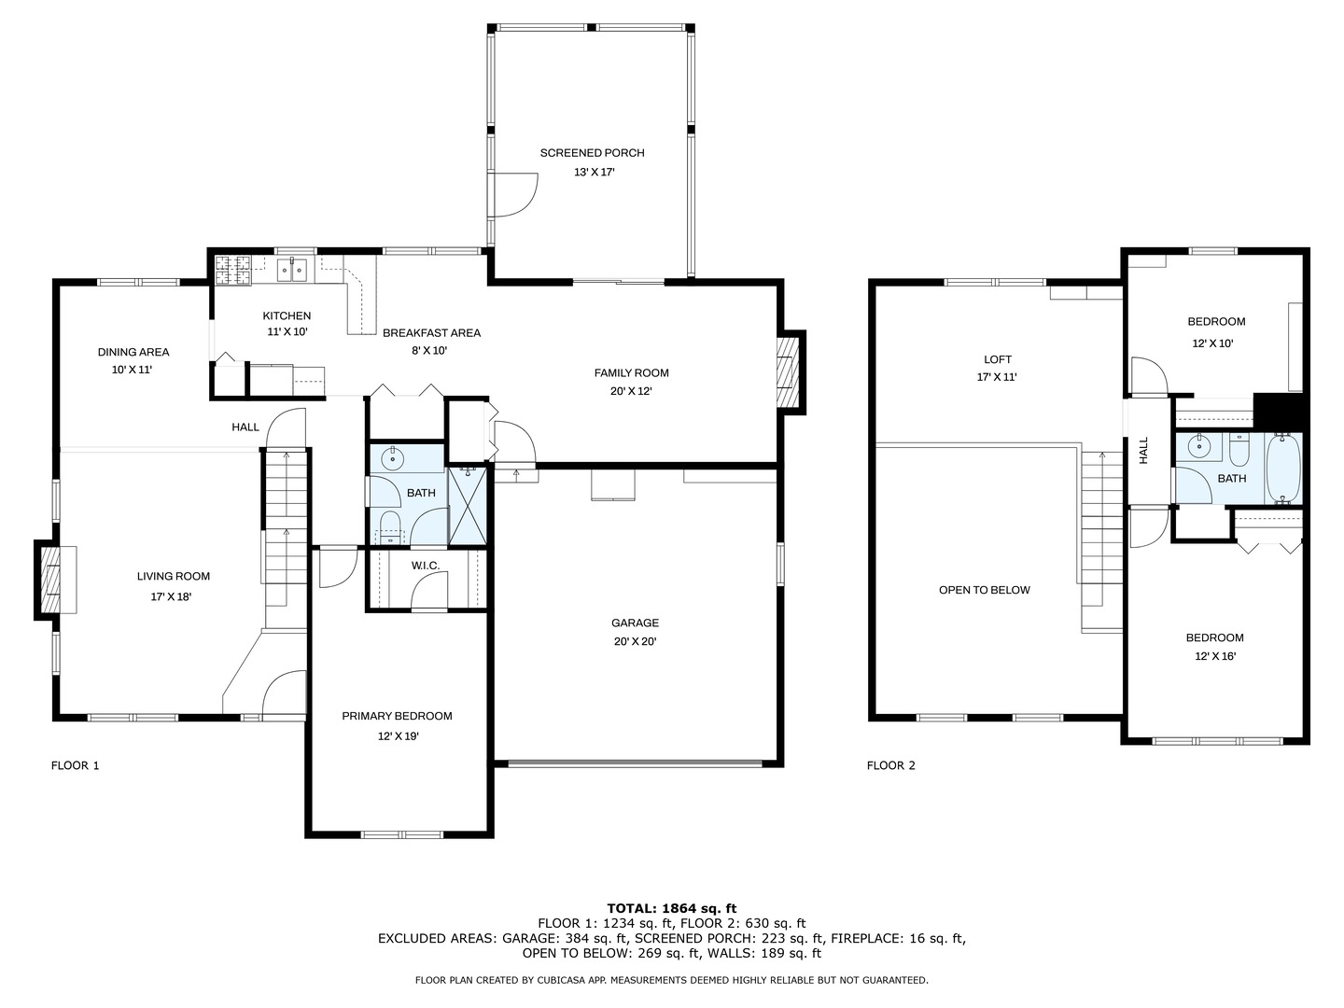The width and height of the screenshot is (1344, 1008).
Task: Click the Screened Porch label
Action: pos(592,153)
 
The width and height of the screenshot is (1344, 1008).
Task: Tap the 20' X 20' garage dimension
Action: pos(635,641)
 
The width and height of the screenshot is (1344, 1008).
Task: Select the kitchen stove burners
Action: pos(232,270)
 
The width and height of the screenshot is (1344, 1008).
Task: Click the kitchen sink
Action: pos(291,270)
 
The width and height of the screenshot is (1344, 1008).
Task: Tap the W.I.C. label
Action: pos(425,566)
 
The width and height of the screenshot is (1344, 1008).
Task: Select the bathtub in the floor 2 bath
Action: pos(1283,469)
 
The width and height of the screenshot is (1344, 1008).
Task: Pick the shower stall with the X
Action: pos(468,506)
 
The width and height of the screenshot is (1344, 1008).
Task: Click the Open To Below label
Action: pos(984,590)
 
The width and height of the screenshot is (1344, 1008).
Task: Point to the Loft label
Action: pos(998,359)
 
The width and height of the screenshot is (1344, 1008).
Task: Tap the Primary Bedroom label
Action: pos(397,716)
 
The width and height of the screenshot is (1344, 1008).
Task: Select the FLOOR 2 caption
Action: pos(891,765)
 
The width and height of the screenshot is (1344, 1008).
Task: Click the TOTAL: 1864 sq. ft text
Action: pos(672,908)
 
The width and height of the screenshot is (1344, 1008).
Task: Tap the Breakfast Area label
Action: pos(432,333)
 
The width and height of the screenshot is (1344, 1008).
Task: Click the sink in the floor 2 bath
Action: pos(1197,447)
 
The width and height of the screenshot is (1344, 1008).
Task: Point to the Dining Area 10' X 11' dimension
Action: pos(132,370)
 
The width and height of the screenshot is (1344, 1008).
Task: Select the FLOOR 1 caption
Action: pos(75,765)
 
